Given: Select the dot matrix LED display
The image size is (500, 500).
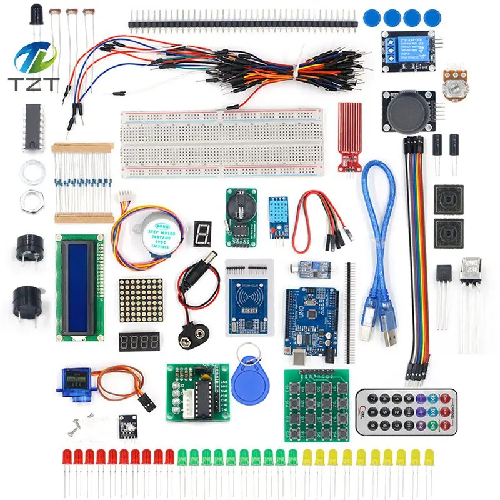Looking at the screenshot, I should pos(141,301).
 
